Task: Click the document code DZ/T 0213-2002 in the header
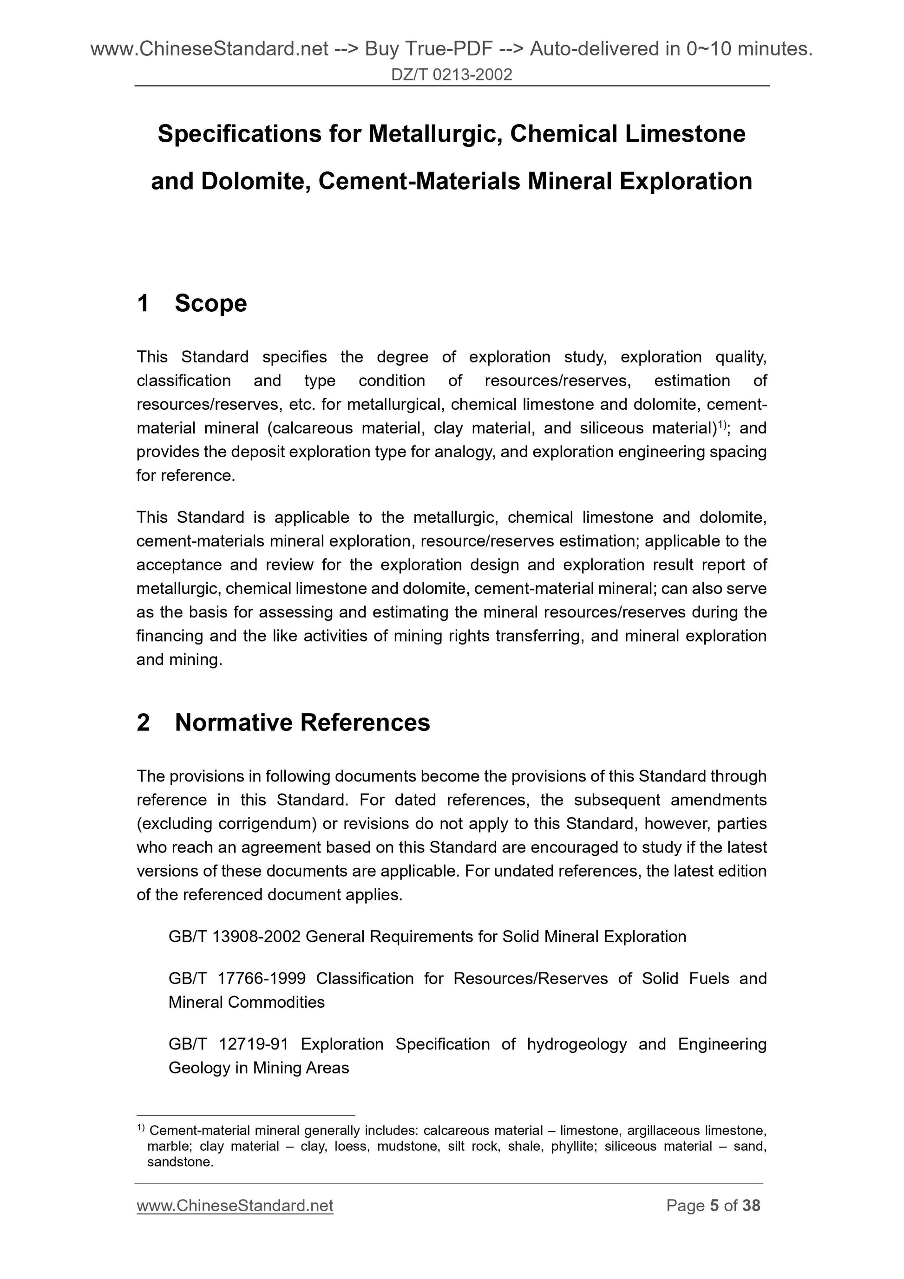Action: click(451, 75)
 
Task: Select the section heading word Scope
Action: click(210, 303)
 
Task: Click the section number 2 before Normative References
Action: click(143, 722)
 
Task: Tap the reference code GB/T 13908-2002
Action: click(235, 937)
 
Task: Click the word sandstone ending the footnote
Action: click(179, 1162)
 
